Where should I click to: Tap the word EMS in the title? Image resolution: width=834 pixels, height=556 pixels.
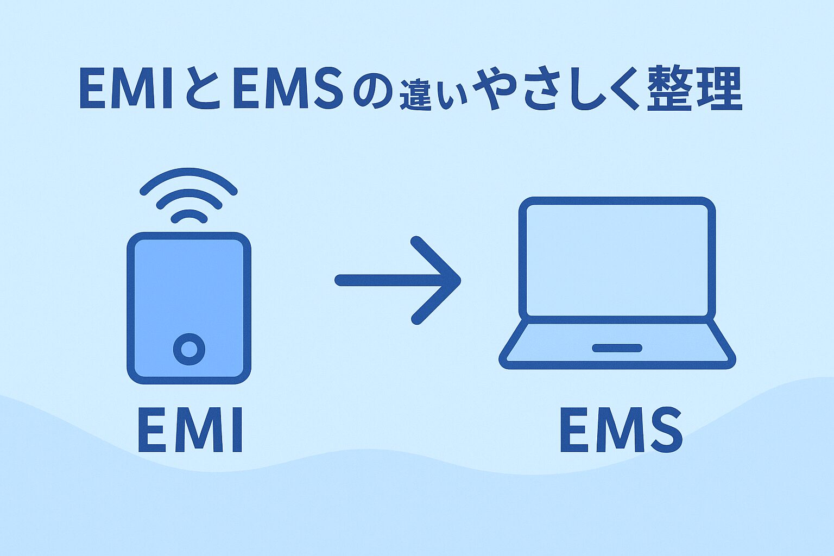point(287,89)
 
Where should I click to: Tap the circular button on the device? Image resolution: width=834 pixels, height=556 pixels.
point(189,349)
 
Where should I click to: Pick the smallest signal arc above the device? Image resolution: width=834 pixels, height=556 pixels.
point(189,214)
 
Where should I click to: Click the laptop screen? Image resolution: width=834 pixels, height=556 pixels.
point(617,260)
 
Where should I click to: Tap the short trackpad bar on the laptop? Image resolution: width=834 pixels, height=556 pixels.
point(617,348)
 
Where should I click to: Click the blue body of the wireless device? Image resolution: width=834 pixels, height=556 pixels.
point(189,288)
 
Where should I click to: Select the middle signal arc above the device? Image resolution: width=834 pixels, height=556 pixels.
point(189,194)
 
